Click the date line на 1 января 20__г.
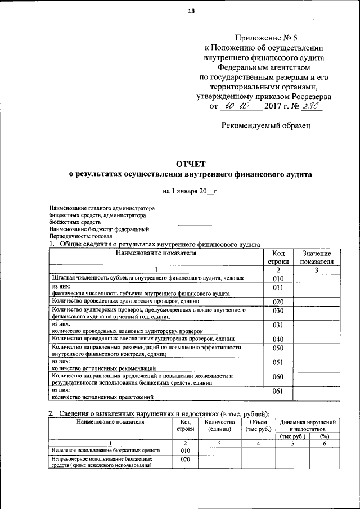[x=190, y=191]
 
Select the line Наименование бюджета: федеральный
[x=99, y=229]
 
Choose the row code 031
[x=278, y=326]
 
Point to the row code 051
[x=278, y=363]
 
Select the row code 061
[x=278, y=391]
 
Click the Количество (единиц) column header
[x=219, y=425]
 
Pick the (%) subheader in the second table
[x=324, y=436]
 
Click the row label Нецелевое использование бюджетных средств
[x=106, y=451]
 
